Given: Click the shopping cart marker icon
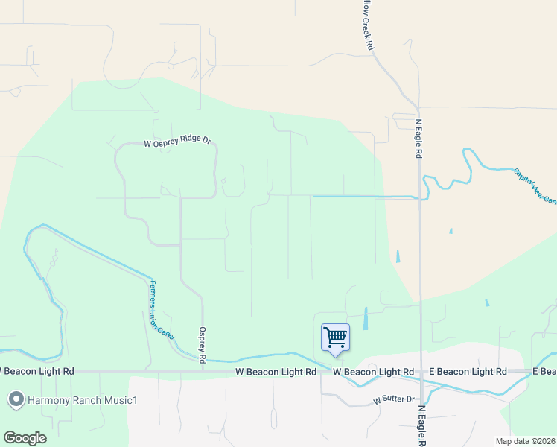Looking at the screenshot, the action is click(335, 337).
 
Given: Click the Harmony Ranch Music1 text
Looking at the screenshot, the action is click(83, 401).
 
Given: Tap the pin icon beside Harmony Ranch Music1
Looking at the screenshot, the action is click(16, 400).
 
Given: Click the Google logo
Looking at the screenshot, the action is click(25, 438).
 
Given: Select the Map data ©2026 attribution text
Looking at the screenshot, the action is click(526, 441).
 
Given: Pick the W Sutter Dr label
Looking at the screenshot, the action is click(392, 399).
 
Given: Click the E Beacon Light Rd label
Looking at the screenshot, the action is click(468, 371).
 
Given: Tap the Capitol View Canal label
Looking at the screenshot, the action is click(535, 186).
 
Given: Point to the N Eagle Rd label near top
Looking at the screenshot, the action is click(418, 139).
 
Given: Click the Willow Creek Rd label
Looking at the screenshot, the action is click(367, 26).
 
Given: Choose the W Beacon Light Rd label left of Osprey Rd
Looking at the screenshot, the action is click(37, 371).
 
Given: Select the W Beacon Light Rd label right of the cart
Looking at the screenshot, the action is click(373, 371).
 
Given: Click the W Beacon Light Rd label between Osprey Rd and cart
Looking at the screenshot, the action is click(270, 371).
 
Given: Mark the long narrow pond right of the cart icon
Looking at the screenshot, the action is click(365, 319).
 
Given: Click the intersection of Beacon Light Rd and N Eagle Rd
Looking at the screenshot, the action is click(421, 371).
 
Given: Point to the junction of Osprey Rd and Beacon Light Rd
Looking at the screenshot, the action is click(203, 370).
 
